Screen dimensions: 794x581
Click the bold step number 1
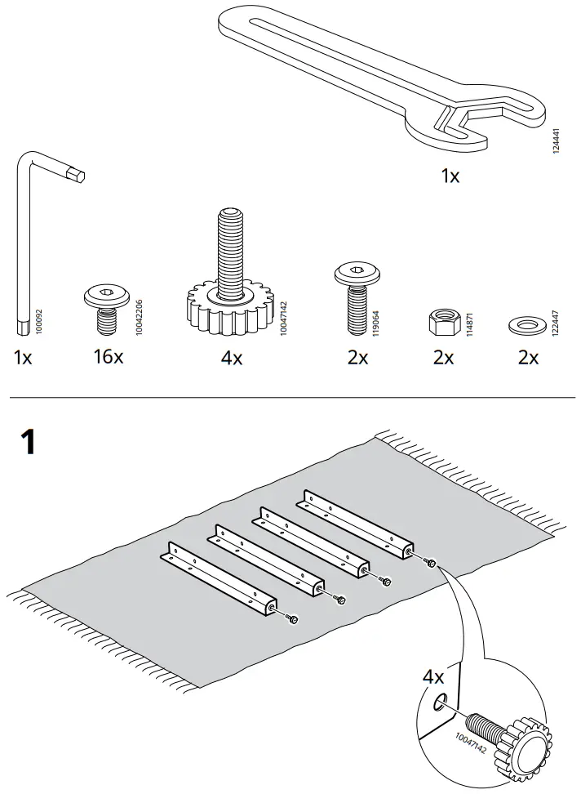click(28, 442)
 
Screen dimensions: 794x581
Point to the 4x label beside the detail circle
click(433, 677)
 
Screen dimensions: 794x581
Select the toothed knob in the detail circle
click(523, 745)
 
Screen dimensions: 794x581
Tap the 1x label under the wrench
click(450, 175)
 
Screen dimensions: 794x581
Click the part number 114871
click(469, 320)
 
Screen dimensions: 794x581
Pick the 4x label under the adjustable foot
click(232, 357)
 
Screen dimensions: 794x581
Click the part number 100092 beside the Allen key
click(40, 321)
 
